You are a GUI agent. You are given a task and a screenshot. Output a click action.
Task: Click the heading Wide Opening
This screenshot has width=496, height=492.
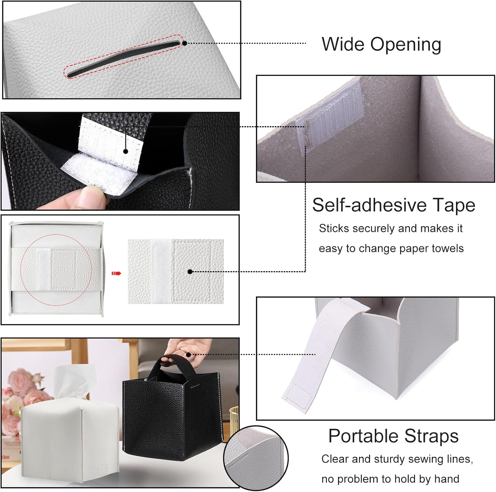coord(381,44)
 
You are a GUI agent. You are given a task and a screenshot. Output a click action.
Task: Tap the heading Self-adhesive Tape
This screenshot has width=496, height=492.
coord(393,205)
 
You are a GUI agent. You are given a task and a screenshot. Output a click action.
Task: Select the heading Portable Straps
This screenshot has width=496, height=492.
coord(393,436)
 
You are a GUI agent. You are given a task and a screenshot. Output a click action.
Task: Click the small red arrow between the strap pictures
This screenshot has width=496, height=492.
coord(116,273)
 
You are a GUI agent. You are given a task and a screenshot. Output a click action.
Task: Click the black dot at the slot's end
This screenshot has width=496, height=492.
coord(185,43)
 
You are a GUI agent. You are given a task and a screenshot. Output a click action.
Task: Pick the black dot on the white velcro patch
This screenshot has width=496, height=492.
coord(126,151)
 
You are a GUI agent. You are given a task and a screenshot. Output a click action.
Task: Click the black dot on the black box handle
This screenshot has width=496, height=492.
coord(188,355)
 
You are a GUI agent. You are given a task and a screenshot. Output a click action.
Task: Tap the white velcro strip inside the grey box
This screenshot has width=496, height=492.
coord(331,112)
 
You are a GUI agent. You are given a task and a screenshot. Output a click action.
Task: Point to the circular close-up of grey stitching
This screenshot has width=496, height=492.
coord(256,458)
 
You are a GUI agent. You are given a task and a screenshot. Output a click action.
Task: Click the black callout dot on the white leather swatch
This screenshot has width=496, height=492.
coord(190,272)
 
